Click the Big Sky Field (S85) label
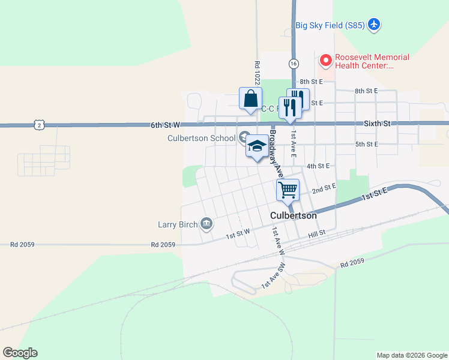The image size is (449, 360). point(327,25)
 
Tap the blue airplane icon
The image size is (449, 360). point(375,25)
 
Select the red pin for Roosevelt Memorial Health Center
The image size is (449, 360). point(325,60)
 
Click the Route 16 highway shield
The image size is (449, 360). point(293,63)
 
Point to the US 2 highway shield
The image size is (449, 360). point(39,125)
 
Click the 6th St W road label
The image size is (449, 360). point(165,125)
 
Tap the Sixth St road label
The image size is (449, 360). point(377,123)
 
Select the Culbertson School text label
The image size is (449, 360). point(201,139)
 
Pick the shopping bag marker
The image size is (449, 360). point(250,99)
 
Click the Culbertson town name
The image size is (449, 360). point(293,215)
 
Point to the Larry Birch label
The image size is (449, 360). point(178,225)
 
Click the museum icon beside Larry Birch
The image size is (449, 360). point(206,224)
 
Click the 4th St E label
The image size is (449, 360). point(319,166)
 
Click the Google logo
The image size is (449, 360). point(20,353)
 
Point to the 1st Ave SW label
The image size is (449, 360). point(277,241)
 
